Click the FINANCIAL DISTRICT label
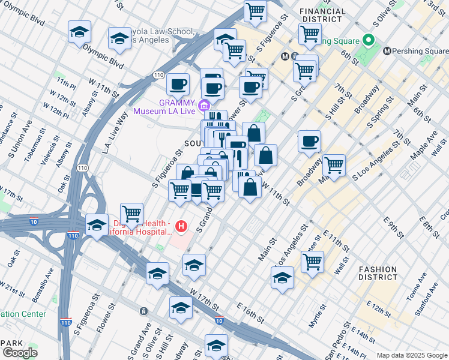click(322, 16)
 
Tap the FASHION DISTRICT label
click(379, 274)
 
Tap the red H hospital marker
click(182, 227)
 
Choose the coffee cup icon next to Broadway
click(309, 142)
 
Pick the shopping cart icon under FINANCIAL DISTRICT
click(310, 34)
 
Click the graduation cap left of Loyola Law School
click(119, 39)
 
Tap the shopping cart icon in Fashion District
click(312, 262)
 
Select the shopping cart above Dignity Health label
click(131, 214)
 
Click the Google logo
click(20, 352)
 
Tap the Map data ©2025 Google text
click(411, 355)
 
